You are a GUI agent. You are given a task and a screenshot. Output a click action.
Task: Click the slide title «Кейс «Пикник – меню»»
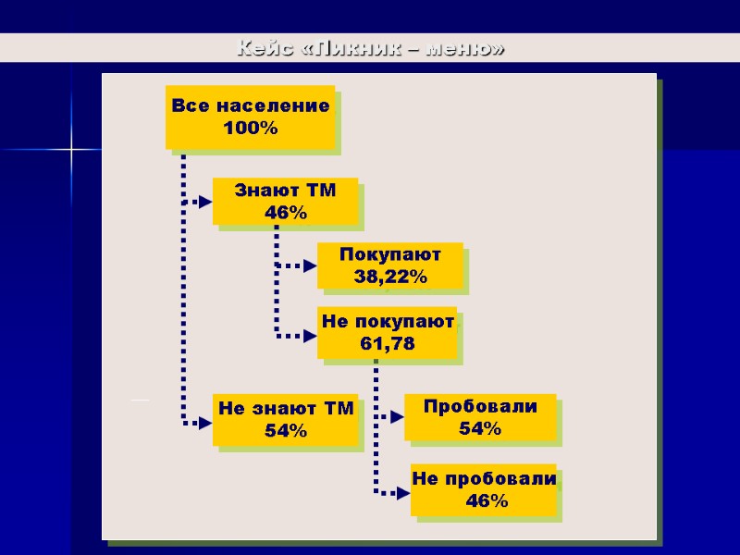coord(370,48)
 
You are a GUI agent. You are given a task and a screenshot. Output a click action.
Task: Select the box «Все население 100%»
coord(250,117)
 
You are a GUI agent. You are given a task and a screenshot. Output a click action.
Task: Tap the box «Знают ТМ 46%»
coord(285,202)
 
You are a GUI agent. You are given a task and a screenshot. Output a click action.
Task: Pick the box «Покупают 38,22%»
coord(389,265)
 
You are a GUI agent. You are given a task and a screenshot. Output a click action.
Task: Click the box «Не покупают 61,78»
coord(388,333)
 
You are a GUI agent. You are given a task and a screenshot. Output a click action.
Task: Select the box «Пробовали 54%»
coord(480,417)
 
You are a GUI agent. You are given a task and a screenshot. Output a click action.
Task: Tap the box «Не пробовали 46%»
coord(485,490)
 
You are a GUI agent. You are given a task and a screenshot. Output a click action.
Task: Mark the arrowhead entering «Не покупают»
coord(310,335)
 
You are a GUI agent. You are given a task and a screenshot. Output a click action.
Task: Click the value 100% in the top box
coord(251,129)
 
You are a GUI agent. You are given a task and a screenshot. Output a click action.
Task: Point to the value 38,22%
coord(389,277)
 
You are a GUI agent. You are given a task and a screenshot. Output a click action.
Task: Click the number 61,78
coord(388,344)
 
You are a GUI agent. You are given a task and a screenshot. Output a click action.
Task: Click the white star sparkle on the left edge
coord(71,148)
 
